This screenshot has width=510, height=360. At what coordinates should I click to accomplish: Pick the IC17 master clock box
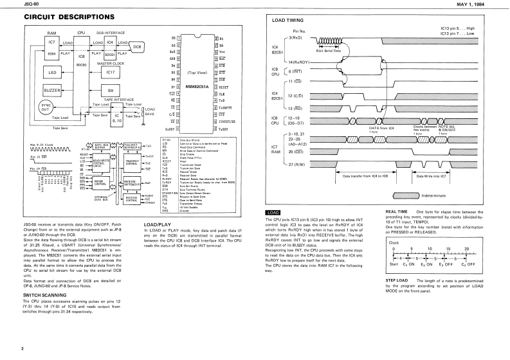pyautogui.click(x=109, y=73)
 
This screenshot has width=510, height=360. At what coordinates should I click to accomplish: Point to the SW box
pyautogui.click(x=110, y=91)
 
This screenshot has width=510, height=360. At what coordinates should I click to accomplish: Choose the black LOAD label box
pyautogui.click(x=273, y=212)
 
